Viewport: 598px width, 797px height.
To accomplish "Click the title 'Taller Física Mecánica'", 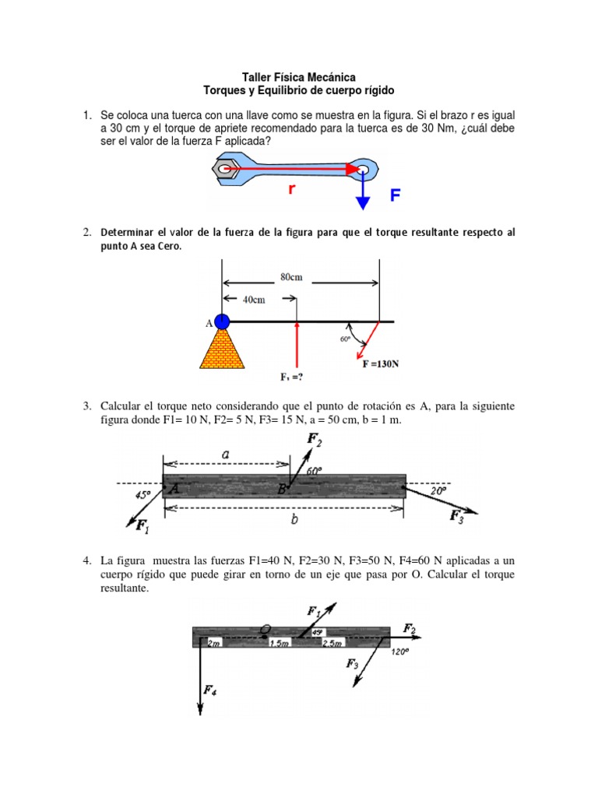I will coord(300,77).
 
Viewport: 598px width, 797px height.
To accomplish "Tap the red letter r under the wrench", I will coord(291,188).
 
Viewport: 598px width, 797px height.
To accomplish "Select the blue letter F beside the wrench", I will coord(396,195).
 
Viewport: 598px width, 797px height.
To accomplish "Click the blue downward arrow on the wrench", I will coord(362,191).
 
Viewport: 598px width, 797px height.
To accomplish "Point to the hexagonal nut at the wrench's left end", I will coord(226,168).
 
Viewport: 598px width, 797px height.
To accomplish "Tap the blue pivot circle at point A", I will coord(222,321).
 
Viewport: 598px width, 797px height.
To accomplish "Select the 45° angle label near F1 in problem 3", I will coord(142,493).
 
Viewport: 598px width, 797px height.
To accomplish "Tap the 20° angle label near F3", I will coord(437,491).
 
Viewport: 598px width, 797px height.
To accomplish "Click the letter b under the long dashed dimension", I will coord(294,520).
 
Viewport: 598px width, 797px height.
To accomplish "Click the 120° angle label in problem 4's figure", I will coord(399,653).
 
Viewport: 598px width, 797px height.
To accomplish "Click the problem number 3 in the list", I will coord(88,406).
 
